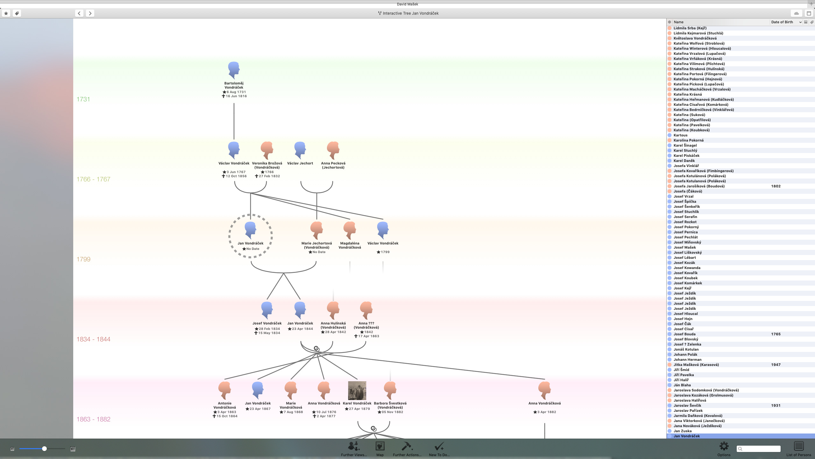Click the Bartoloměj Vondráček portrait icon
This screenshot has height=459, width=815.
(234, 70)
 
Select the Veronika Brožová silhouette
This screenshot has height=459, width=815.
(267, 150)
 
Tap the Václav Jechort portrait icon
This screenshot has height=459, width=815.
(300, 150)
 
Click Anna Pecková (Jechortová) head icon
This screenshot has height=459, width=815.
(333, 150)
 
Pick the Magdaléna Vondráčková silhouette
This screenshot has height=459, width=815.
(350, 230)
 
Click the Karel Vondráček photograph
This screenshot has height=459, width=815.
(357, 390)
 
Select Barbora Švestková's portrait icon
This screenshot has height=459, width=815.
(390, 390)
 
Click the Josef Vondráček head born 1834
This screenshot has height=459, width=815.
(267, 310)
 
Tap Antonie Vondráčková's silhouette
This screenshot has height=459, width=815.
(224, 390)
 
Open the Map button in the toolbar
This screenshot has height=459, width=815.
(380, 446)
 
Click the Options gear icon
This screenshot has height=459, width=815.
(724, 446)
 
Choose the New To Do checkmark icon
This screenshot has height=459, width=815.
(439, 446)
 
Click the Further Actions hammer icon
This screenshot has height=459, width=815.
(407, 446)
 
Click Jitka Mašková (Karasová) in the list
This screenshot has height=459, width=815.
(696, 365)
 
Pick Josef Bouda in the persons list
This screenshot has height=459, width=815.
(684, 334)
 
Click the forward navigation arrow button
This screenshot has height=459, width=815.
(90, 13)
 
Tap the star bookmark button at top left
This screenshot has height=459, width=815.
(6, 13)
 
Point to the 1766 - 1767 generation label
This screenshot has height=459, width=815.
(93, 179)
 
